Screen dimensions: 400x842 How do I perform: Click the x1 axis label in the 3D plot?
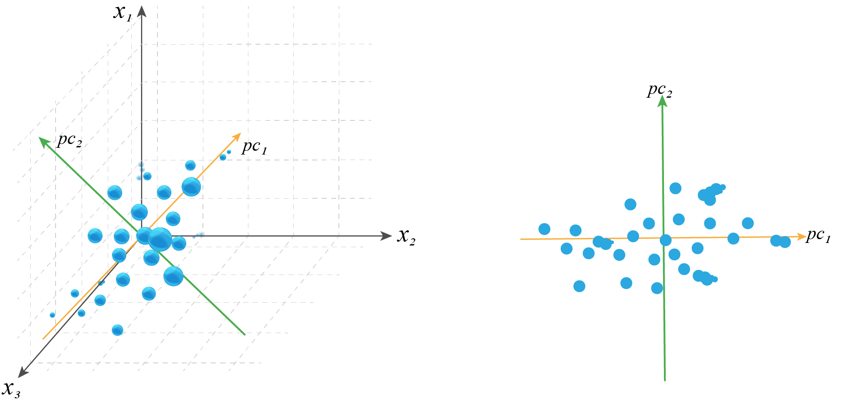tap(123, 13)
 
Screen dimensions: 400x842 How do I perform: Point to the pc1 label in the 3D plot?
tap(254, 147)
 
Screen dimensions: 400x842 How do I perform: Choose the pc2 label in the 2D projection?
tap(660, 90)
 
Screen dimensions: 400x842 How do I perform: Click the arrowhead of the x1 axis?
tap(142, 11)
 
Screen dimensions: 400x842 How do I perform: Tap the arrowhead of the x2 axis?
tap(386, 236)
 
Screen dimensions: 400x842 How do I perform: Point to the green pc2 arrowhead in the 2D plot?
tap(663, 101)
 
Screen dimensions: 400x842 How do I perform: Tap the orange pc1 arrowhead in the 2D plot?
tap(801, 237)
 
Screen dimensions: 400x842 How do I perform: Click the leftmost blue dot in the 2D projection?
tap(544, 229)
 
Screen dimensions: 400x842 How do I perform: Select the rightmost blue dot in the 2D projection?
tap(785, 242)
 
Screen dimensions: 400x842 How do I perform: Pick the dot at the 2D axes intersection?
tap(666, 240)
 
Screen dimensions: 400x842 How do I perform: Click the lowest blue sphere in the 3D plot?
tap(117, 330)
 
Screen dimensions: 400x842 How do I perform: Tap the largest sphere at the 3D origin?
tap(160, 239)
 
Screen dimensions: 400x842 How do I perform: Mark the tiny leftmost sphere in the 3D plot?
tap(52, 315)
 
